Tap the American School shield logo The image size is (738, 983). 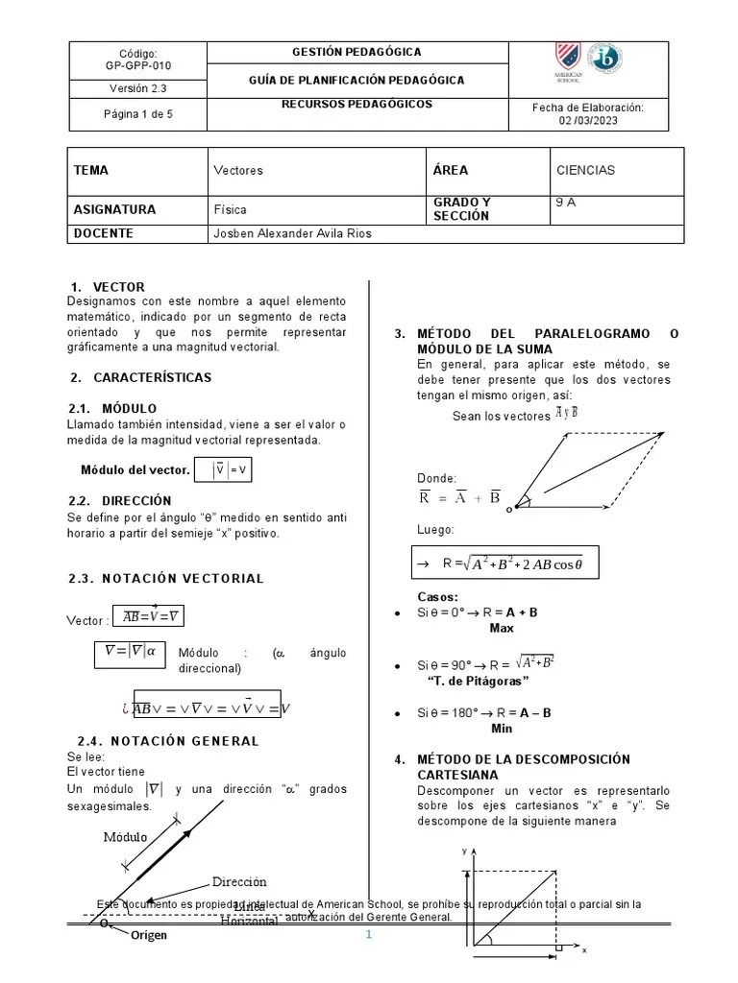[567, 60]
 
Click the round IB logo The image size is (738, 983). [603, 60]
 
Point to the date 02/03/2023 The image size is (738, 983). [587, 122]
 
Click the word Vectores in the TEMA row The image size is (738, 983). [238, 171]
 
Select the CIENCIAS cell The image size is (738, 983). [585, 171]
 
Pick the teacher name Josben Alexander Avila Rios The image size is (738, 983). [290, 233]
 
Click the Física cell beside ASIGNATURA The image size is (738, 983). [230, 209]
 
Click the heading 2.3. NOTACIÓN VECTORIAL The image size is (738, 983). [166, 578]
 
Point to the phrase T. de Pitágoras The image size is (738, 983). [478, 681]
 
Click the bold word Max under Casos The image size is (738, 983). [502, 628]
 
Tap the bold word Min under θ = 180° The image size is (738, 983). [502, 729]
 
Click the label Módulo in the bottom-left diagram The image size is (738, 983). [126, 837]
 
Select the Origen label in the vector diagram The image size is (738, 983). [149, 935]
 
